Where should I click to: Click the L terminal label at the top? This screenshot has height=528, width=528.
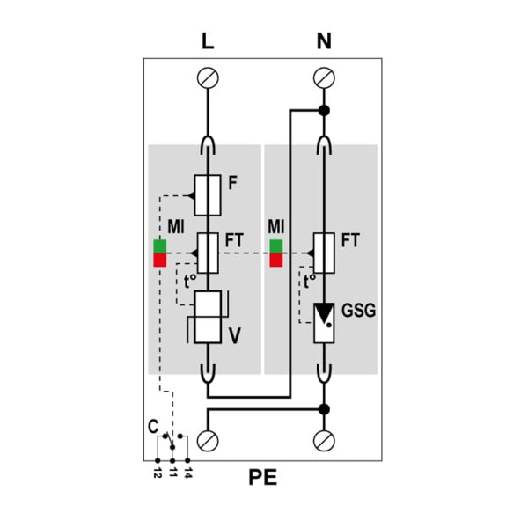[x=208, y=41]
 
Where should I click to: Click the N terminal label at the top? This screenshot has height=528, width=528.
[x=324, y=41]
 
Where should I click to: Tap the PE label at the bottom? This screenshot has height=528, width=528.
[x=262, y=477]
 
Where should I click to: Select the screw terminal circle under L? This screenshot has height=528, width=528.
[x=208, y=77]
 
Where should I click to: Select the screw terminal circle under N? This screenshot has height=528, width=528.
[x=324, y=77]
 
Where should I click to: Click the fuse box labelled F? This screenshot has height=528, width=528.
[x=208, y=195]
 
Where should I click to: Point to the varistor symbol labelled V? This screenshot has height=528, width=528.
[x=208, y=317]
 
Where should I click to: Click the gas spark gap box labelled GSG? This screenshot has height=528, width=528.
[x=324, y=323]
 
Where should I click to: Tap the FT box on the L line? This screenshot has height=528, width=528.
[x=208, y=253]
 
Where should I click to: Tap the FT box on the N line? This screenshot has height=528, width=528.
[x=324, y=253]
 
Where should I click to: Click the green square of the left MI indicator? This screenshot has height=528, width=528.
[x=160, y=246]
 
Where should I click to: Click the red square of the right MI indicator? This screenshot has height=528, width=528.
[x=276, y=260]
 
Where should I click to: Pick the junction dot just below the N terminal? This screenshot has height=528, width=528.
[x=324, y=110]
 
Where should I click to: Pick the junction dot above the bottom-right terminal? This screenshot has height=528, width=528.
[x=324, y=409]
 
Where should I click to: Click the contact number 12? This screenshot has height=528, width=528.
[x=158, y=473]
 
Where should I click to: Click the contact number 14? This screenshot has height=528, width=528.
[x=188, y=473]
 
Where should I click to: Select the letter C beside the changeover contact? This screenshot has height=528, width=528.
[x=153, y=427]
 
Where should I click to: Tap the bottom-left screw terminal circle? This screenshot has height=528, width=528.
[x=208, y=441]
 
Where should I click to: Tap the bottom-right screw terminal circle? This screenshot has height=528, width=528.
[x=324, y=441]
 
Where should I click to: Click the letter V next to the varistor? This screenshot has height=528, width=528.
[x=235, y=335]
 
